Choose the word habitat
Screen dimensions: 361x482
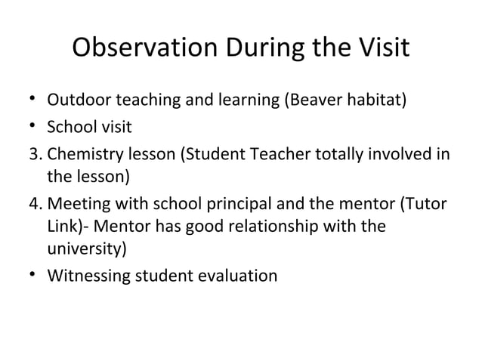click(377, 100)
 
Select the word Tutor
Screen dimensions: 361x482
click(427, 204)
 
